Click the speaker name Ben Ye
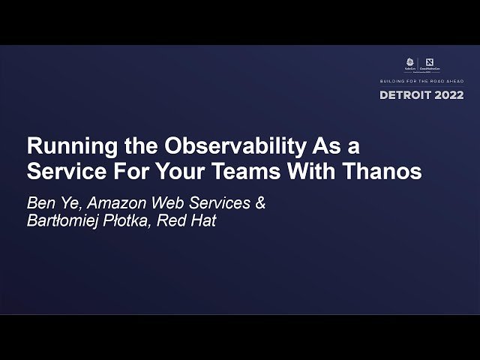(x=47, y=203)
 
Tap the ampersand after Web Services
(x=260, y=203)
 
